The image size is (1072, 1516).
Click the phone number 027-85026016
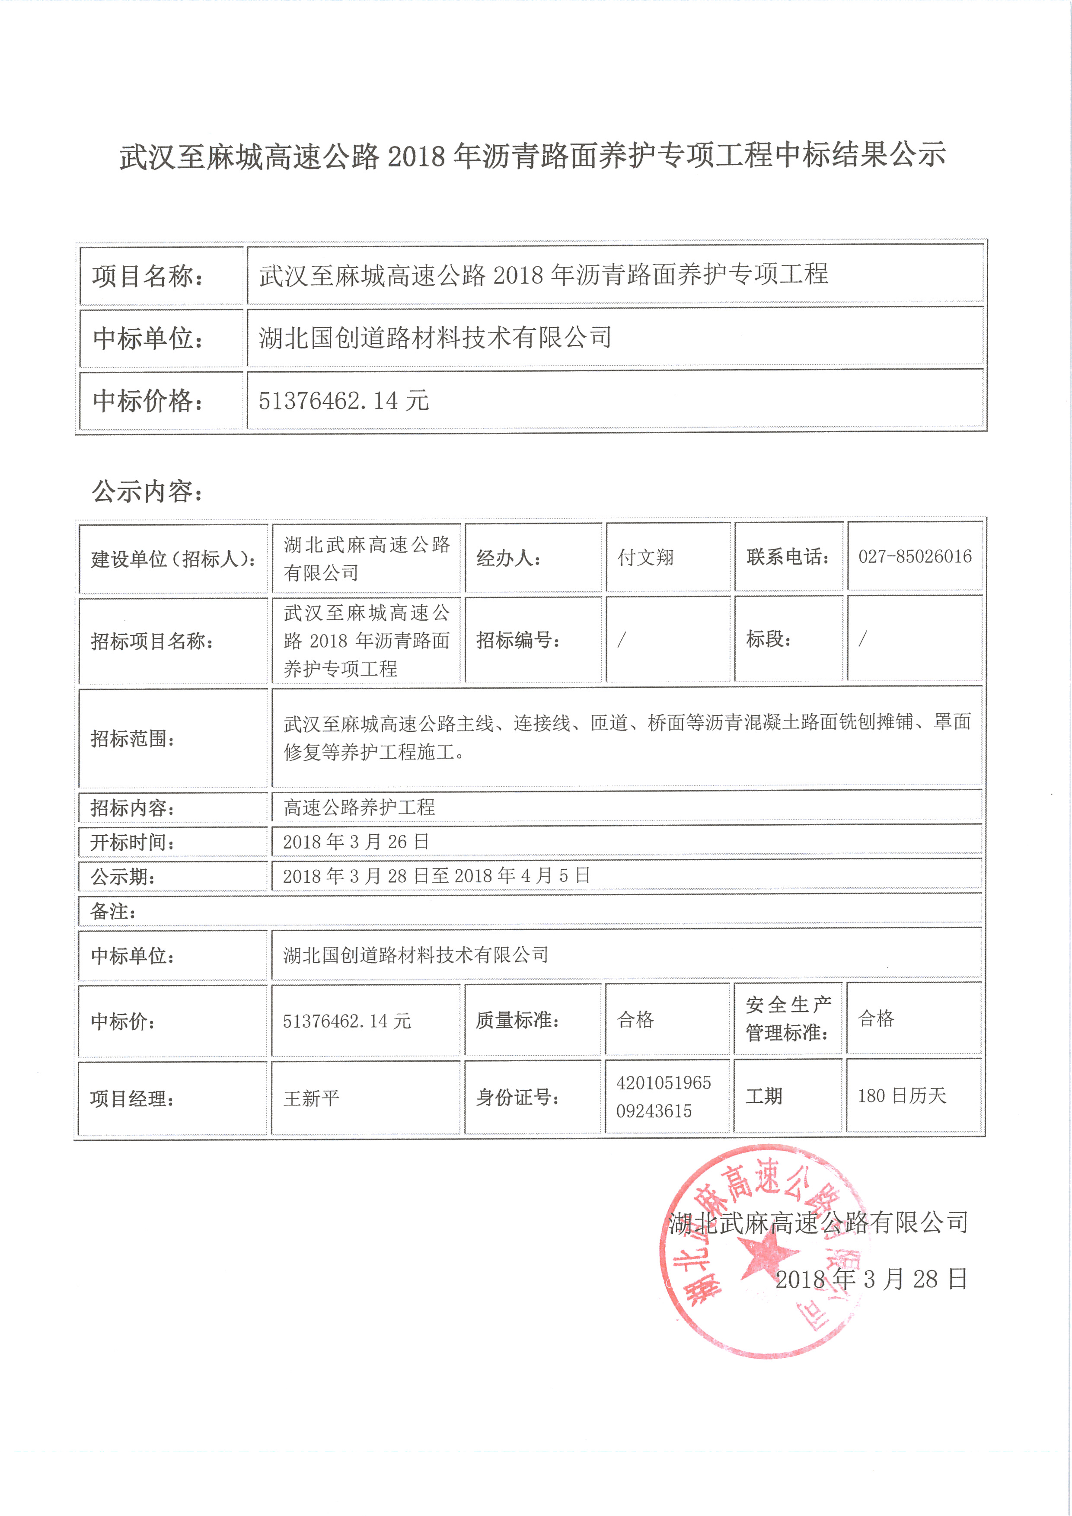coord(914,557)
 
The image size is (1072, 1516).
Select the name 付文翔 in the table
coord(645,558)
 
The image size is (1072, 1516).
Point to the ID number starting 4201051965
coord(664,1097)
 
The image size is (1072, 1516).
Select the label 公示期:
coord(123,877)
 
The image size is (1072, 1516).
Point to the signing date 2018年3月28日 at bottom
coord(871,1280)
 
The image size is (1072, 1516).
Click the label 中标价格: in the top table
coord(147,401)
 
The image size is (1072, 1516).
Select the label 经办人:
coord(508,559)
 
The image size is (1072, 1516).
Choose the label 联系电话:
coord(788,557)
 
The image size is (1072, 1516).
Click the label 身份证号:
coord(518,1098)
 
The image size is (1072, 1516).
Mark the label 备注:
coord(114,912)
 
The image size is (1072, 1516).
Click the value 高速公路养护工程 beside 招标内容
coord(359,807)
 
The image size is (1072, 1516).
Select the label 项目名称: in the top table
coord(147,276)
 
